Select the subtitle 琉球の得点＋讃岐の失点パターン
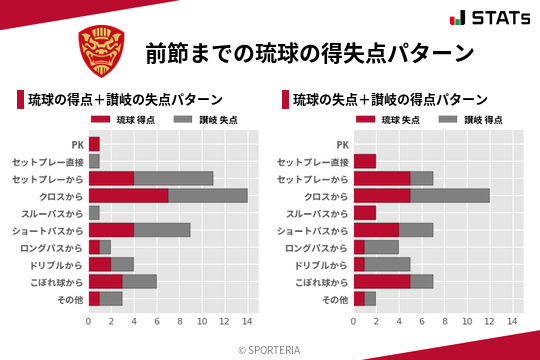(125, 100)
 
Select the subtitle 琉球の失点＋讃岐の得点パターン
(390, 100)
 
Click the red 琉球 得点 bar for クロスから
(128, 195)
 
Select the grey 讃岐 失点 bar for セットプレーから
(174, 178)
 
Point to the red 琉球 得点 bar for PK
(94, 144)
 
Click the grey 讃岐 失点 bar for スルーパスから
(94, 213)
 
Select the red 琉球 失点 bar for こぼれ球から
(382, 281)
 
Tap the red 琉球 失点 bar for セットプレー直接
(365, 161)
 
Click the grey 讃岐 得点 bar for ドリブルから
(388, 264)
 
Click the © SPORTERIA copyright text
(270, 350)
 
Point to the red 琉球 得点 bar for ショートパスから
(111, 230)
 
